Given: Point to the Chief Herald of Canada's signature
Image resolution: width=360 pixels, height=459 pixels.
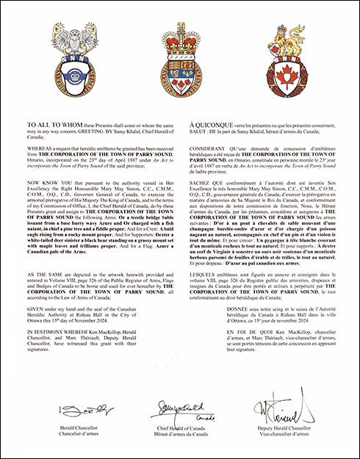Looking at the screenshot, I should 181,406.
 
